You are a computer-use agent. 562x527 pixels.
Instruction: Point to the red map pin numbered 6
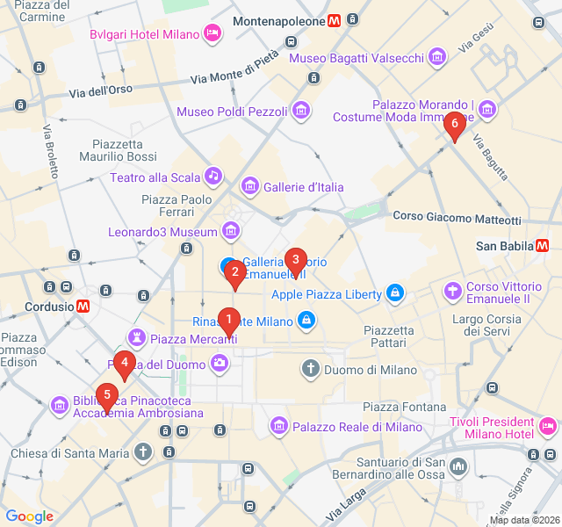point(454,126)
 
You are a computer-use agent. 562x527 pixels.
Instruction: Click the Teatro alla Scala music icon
point(213,177)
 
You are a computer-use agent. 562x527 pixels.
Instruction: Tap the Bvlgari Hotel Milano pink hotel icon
point(212,34)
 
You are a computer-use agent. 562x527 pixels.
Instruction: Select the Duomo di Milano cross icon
point(311,368)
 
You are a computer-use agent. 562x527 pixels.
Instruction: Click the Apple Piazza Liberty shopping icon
point(395,293)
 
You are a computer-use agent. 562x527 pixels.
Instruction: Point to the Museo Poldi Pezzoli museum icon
point(301,111)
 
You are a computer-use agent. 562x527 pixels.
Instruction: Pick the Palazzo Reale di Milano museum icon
point(279,426)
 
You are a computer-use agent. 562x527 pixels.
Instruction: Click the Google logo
point(29,516)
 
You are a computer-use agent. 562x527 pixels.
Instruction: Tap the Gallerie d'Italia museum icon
point(250,186)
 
